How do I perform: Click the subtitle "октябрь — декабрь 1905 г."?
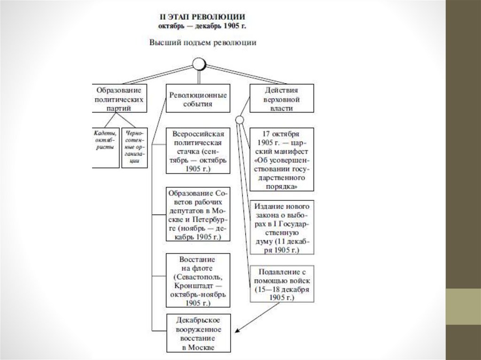(x=202, y=25)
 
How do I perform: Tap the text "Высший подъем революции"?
(x=202, y=42)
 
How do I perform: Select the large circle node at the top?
(x=200, y=63)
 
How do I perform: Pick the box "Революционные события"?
(x=198, y=98)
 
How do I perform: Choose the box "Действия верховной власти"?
(x=281, y=98)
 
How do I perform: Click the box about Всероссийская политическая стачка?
(x=198, y=150)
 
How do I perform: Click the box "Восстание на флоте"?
(x=198, y=281)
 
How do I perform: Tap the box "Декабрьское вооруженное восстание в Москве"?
(x=198, y=333)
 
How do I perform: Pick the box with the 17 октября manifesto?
(x=281, y=159)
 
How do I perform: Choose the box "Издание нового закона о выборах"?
(x=281, y=228)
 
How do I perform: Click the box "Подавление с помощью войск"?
(x=281, y=284)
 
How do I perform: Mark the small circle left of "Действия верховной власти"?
(x=240, y=120)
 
